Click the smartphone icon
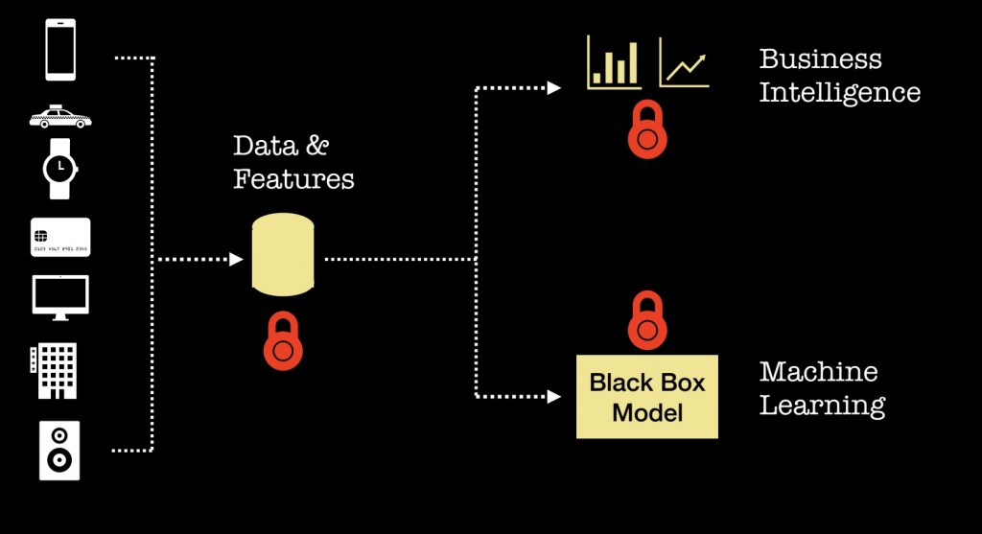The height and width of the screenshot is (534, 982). tap(59, 51)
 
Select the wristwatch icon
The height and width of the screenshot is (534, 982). tap(59, 168)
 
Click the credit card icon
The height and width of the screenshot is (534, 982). tap(60, 237)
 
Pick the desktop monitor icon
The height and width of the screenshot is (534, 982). tap(60, 297)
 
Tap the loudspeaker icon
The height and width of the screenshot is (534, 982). tap(59, 450)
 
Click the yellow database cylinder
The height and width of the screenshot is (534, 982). tap(283, 254)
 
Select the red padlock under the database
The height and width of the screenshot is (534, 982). tap(283, 342)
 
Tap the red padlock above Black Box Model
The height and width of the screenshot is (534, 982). tap(647, 323)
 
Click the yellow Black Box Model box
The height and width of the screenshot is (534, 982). tap(647, 397)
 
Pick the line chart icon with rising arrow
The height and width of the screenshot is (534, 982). tap(684, 63)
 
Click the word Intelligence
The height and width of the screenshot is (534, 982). tap(839, 93)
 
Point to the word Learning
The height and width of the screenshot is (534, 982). tap(822, 405)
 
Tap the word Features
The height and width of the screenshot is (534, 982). tap(293, 179)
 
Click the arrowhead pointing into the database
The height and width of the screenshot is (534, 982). tap(237, 259)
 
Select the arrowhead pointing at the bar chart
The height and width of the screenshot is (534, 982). tap(553, 88)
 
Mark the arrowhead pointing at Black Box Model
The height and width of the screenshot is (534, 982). tap(553, 396)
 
